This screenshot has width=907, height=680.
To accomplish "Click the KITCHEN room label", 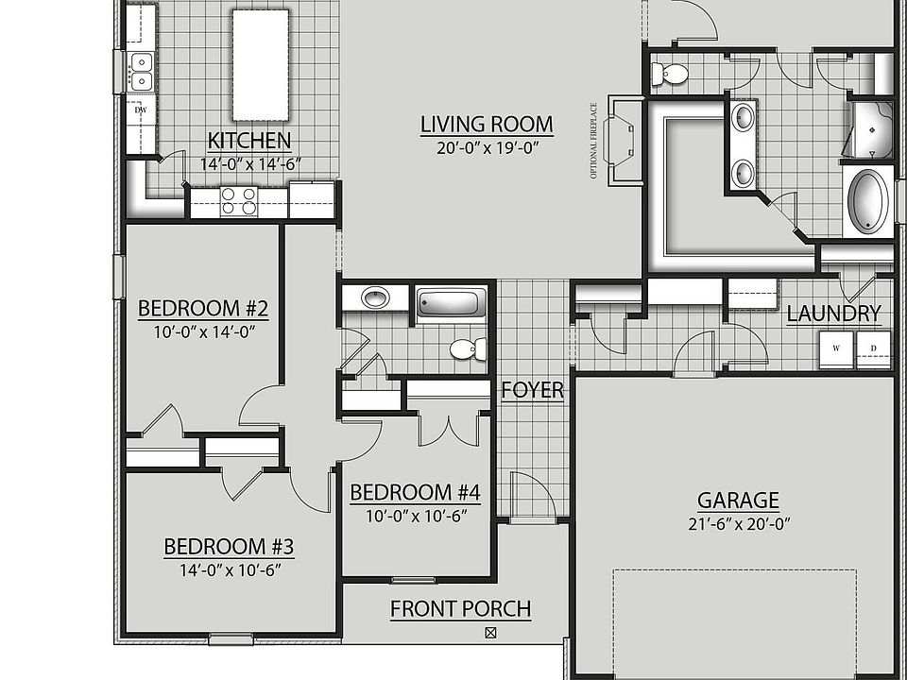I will (248, 142).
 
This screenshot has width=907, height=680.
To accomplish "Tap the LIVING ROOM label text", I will (487, 125).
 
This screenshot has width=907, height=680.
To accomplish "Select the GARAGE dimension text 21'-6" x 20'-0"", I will (739, 523).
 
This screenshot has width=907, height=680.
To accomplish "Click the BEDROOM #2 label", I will (203, 309).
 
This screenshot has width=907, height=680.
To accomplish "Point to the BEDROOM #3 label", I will (230, 547).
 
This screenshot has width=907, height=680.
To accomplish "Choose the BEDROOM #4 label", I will (415, 493).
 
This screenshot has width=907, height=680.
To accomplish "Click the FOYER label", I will (532, 390).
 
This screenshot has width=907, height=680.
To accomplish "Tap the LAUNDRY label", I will (833, 314).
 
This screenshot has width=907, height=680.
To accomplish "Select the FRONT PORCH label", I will (460, 609).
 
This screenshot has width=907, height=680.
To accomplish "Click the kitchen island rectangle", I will (260, 65).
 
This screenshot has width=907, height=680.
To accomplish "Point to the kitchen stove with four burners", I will (239, 201).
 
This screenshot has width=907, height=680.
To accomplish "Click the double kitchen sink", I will (140, 72).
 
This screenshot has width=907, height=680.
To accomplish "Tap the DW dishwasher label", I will (141, 110).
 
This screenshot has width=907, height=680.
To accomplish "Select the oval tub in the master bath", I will (867, 201).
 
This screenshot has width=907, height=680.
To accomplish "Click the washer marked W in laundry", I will (836, 348).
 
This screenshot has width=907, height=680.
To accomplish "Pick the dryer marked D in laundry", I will (873, 348).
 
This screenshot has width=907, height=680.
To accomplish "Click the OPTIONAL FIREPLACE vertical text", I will (594, 140).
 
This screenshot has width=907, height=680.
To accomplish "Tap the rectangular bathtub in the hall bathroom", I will (451, 304).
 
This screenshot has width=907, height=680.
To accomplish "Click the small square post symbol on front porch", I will (489, 633).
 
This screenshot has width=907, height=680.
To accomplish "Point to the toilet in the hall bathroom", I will (467, 349).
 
